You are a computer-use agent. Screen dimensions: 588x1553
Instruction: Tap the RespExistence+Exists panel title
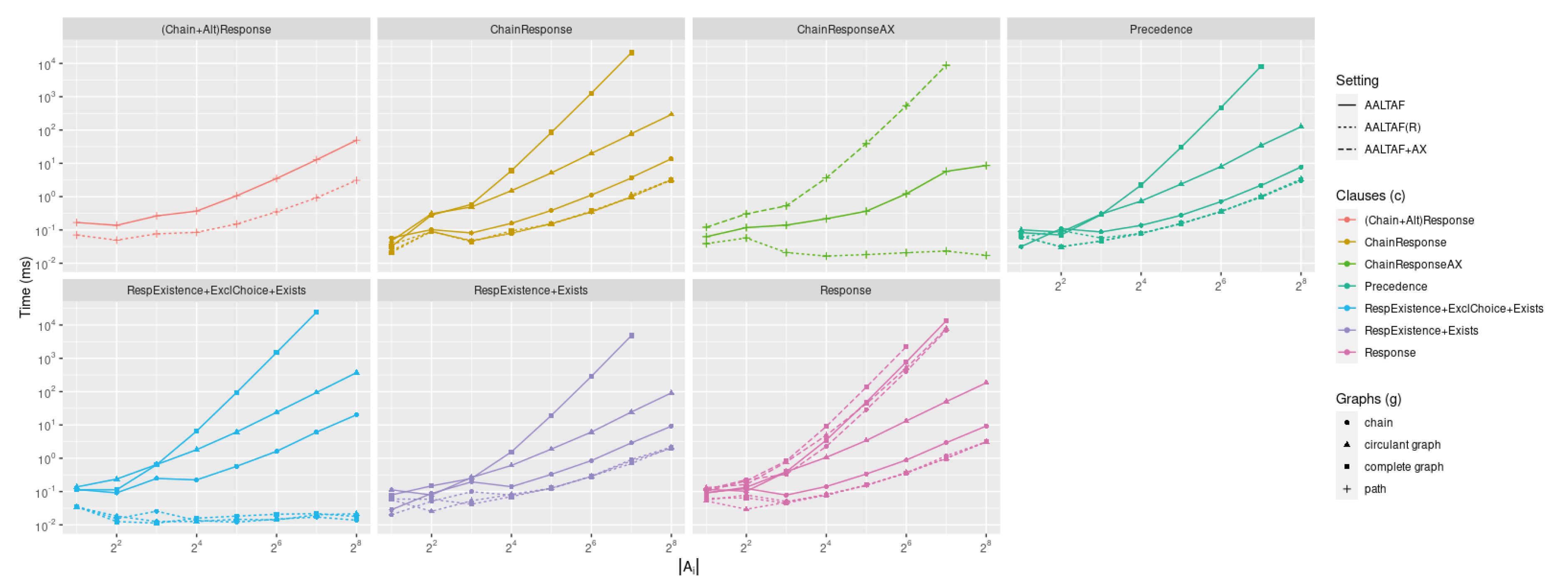(531, 290)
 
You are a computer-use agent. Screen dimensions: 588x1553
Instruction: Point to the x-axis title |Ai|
(688, 567)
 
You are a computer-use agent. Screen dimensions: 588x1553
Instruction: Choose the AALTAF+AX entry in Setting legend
(1395, 149)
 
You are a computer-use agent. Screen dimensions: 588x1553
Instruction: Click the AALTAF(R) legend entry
(1392, 127)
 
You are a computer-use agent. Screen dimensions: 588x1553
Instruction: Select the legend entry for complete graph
(1404, 467)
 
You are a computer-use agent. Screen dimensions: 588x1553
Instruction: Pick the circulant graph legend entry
(1401, 444)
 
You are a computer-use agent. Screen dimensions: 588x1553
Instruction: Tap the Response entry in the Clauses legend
(1389, 353)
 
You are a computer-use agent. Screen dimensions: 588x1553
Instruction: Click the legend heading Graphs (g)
(1368, 399)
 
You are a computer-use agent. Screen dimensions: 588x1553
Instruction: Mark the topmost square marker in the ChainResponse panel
(631, 53)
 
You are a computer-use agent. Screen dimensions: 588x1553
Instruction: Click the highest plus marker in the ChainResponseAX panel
(946, 65)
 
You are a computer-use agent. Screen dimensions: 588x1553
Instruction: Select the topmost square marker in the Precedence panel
(1261, 67)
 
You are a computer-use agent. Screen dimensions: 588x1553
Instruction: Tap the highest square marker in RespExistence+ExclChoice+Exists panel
(316, 312)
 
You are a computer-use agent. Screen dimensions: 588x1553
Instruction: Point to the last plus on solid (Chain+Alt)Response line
(356, 140)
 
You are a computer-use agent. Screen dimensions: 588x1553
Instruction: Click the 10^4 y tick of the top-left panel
(47, 65)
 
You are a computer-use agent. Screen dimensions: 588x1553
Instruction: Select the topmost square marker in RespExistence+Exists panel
(631, 335)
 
